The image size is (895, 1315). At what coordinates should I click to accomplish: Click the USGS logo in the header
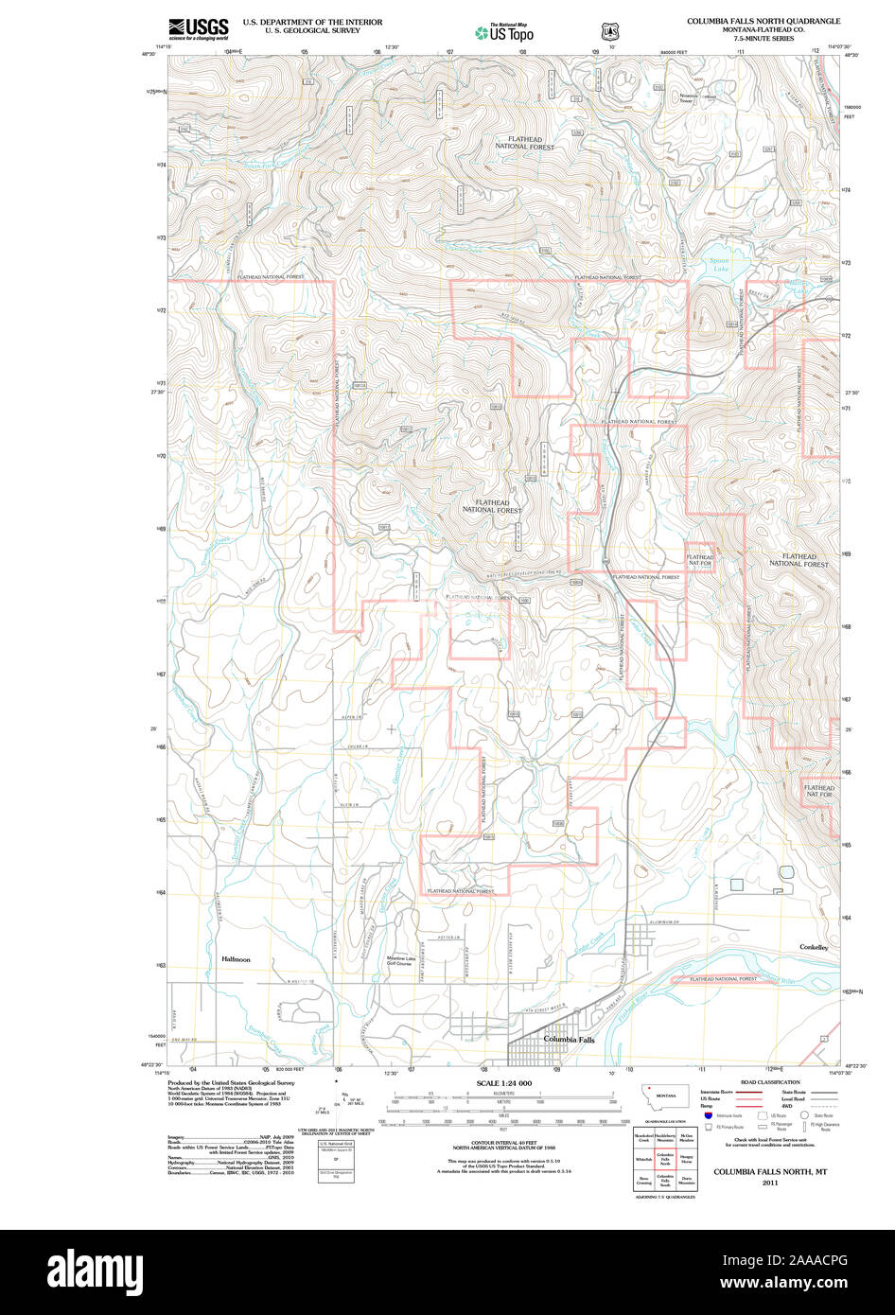(199, 28)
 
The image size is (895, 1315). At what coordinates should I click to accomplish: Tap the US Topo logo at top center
(504, 32)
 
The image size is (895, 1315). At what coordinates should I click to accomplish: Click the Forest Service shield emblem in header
(606, 31)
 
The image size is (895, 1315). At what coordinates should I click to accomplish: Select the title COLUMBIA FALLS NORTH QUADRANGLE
(763, 20)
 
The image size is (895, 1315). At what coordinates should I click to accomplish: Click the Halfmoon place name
(236, 959)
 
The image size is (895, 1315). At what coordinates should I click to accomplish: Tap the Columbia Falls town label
(569, 1039)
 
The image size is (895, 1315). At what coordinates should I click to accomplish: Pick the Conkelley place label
(814, 947)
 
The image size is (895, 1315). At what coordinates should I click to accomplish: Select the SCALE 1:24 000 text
(504, 1083)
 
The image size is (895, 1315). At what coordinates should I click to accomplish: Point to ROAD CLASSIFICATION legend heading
(770, 1082)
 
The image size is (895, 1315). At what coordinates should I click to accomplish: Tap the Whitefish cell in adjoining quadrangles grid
(643, 1159)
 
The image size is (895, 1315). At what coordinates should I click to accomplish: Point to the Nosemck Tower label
(686, 97)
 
